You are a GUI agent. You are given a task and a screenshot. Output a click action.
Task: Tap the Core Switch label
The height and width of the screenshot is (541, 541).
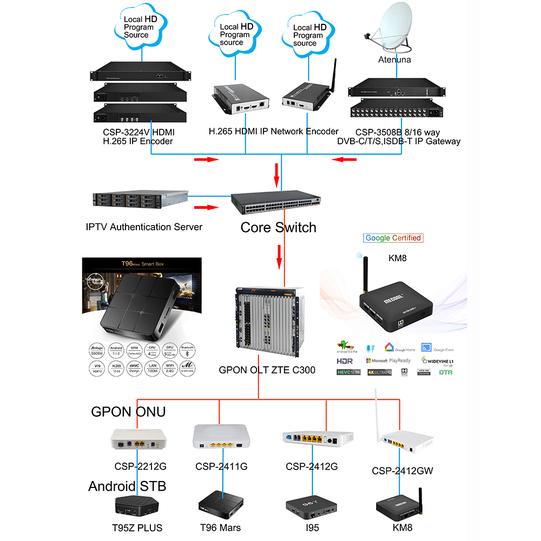coord(278,227)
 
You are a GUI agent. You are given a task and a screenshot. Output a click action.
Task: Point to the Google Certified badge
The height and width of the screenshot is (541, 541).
coord(393,237)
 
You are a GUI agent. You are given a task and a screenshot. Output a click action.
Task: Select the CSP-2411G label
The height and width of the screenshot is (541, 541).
coord(221,467)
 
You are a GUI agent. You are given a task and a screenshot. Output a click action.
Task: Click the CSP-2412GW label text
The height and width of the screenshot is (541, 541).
coord(403,471)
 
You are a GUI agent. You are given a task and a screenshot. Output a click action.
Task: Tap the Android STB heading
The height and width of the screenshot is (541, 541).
coord(127,486)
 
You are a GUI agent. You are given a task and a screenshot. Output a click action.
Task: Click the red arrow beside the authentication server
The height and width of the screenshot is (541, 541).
coord(206,207)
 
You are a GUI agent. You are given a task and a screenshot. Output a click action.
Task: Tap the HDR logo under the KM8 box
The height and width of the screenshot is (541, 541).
coord(345,360)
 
